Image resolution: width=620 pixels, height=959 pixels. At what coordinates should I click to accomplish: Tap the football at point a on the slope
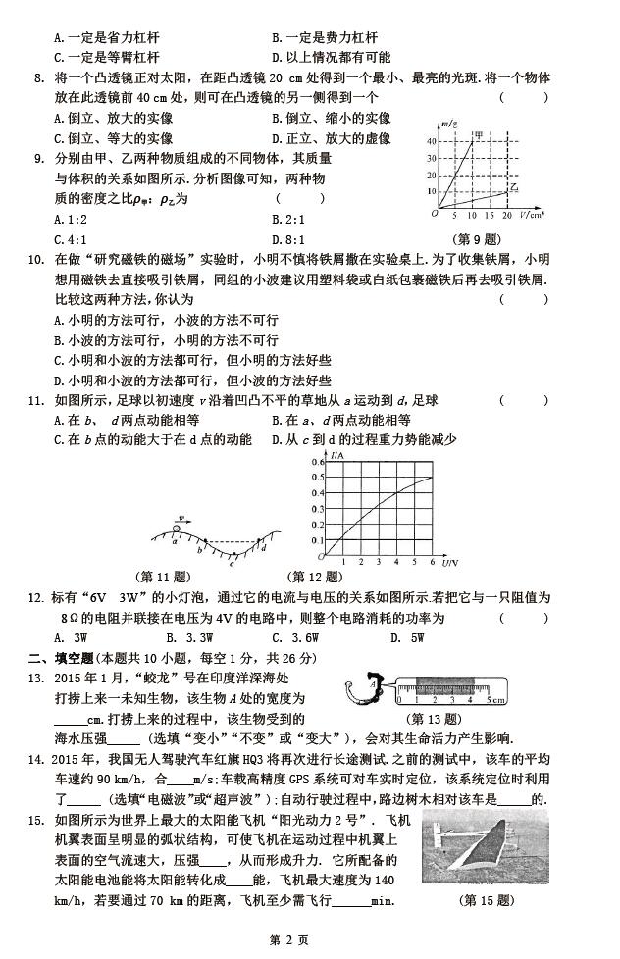coord(176,531)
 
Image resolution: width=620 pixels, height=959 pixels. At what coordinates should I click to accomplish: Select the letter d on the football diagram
coord(265,548)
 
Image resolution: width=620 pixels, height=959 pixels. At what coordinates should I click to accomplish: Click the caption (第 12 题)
coord(314,577)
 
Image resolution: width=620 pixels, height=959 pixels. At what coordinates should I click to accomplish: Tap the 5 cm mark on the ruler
coord(488,701)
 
